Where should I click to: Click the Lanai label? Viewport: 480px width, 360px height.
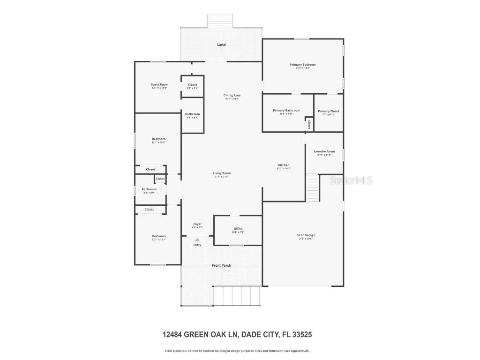click(221, 45)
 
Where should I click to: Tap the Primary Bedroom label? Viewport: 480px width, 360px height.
click(302, 65)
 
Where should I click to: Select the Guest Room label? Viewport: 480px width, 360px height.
click(159, 85)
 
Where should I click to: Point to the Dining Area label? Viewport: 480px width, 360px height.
click(232, 95)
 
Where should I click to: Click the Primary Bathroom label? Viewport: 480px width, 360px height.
click(286, 111)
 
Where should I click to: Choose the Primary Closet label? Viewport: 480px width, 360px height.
click(328, 111)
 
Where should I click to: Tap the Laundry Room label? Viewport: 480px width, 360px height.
click(324, 151)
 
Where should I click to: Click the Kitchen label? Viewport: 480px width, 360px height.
click(284, 165)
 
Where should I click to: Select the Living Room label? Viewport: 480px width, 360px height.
click(222, 173)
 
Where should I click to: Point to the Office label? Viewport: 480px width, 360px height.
click(238, 229)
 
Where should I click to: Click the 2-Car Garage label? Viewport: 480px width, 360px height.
click(306, 235)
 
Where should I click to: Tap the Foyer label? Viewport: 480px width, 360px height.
click(198, 224)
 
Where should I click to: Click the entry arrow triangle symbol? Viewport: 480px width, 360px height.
click(197, 240)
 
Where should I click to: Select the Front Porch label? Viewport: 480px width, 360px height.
click(221, 265)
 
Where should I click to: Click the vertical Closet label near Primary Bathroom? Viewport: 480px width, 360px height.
click(309, 124)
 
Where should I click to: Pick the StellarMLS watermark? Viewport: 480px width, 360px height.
click(352, 180)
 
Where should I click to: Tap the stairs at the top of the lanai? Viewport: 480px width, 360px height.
click(220, 21)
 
